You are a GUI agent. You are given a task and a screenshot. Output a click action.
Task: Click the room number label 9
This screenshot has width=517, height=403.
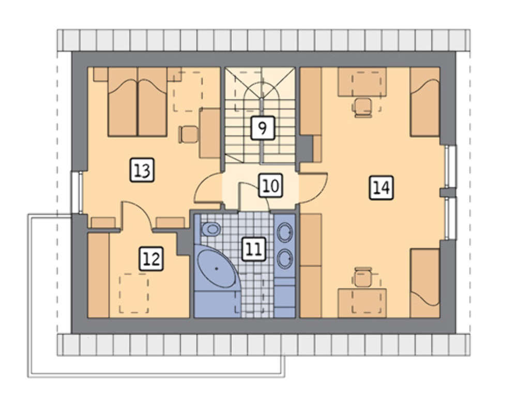(263, 128)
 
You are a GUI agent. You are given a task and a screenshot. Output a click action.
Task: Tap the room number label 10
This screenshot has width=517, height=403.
(270, 185)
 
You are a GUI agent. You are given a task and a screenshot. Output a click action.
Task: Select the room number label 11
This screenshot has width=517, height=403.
(254, 249)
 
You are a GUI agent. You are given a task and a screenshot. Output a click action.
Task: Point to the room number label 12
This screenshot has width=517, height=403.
(151, 259)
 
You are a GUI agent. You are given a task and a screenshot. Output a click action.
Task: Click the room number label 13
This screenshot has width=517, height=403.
(142, 170)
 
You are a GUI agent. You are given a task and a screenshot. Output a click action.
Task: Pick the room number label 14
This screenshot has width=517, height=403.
(381, 188)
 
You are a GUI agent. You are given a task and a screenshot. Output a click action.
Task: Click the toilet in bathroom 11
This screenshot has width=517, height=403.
(210, 229)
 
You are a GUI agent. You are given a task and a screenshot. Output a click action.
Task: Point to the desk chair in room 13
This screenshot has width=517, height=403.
(188, 134)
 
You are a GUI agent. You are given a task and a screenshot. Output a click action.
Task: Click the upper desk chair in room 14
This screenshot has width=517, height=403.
(362, 107)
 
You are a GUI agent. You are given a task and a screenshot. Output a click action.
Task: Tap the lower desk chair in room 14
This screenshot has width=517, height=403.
(363, 277)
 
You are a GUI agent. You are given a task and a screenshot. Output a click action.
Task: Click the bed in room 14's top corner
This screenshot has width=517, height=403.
(424, 101)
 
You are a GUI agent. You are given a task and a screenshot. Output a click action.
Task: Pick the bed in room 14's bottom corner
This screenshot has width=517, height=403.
(424, 283)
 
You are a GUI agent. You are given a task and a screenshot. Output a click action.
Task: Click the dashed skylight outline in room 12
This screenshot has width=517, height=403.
(134, 293)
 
